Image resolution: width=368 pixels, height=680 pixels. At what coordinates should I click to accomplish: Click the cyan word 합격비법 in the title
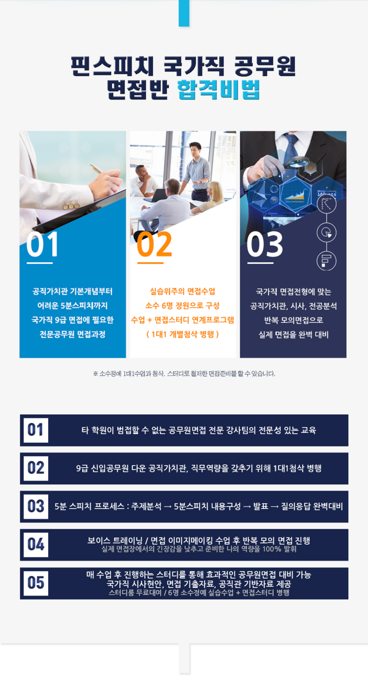(218, 90)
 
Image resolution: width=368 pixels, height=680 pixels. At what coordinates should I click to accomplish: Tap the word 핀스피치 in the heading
(112, 66)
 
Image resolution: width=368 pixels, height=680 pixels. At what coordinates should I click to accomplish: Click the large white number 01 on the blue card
(43, 244)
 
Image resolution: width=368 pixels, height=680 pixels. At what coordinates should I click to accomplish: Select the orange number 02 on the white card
(154, 244)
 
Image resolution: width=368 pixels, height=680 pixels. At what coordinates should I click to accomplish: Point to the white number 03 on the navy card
(265, 244)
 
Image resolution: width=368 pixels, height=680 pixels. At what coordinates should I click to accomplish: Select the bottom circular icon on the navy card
(326, 261)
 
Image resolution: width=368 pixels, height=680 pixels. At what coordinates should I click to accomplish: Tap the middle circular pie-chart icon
(326, 232)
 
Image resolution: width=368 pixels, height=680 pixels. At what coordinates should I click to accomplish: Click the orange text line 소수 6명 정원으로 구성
(182, 305)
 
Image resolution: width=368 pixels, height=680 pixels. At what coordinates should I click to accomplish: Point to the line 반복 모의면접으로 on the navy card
(293, 320)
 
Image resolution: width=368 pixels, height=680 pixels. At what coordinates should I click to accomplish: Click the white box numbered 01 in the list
(36, 430)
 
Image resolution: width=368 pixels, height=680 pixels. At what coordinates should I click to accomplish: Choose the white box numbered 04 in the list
(36, 545)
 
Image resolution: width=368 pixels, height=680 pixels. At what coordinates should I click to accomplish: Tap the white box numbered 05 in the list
(36, 583)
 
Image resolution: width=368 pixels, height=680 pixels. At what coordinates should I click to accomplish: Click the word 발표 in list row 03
(260, 507)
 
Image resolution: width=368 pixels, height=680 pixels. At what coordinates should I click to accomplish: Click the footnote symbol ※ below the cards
(96, 374)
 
